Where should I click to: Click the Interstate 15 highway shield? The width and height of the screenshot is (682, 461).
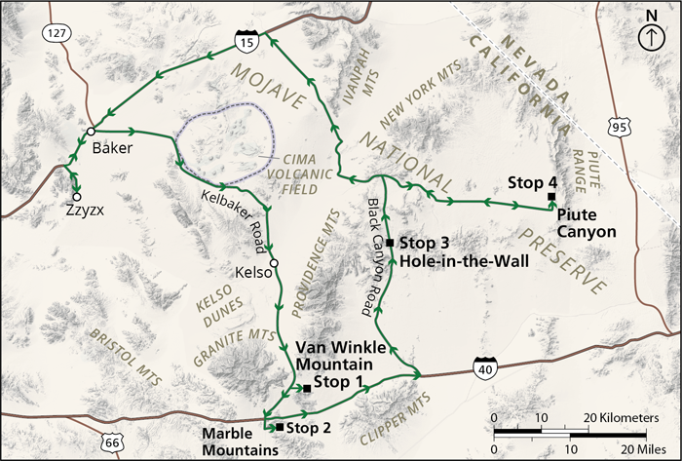click(246, 41)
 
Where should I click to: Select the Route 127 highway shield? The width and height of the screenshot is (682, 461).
click(54, 34)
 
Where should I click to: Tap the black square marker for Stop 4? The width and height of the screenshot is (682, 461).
click(551, 198)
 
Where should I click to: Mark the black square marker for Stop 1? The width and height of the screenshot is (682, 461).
click(307, 389)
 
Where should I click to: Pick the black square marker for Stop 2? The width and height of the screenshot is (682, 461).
click(280, 427)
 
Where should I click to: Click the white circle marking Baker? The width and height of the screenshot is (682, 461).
click(90, 132)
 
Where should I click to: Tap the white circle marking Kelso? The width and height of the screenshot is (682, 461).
click(274, 264)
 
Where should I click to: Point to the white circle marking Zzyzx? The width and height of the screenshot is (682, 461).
click(76, 195)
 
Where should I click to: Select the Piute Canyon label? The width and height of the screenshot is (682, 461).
click(587, 232)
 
